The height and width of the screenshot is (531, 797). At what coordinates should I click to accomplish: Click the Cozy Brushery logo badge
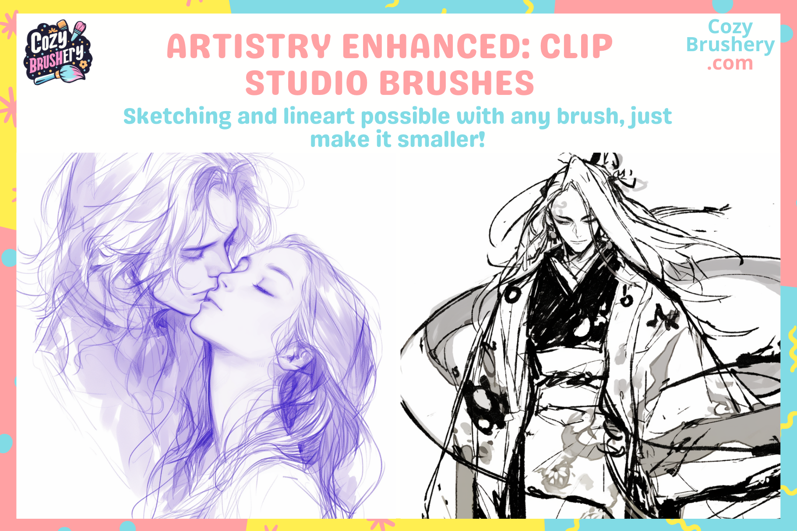tap(57, 52)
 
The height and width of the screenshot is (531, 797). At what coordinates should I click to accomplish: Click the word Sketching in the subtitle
tap(177, 117)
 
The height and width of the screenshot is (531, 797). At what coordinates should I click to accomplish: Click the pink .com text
tap(730, 64)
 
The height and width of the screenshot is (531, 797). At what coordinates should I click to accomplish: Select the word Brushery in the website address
tap(730, 45)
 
